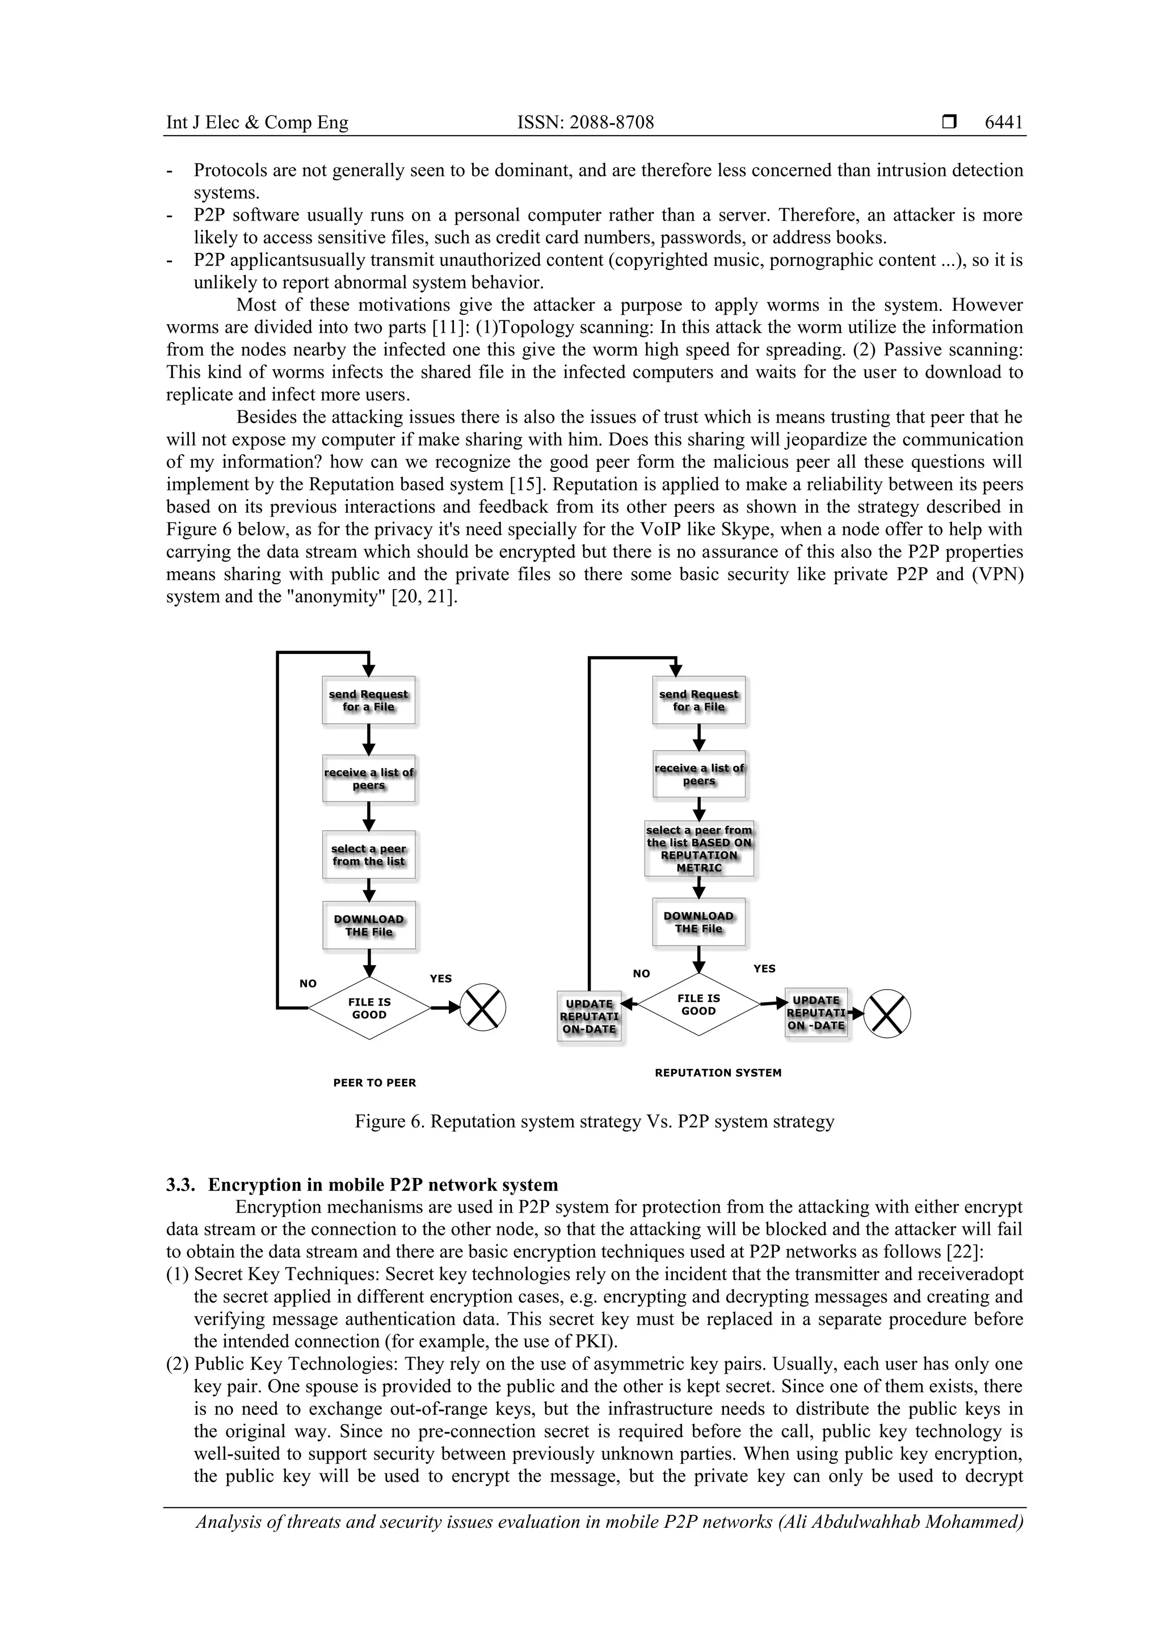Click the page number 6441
[1003, 123]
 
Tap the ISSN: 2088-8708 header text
[585, 123]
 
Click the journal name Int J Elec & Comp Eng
[257, 123]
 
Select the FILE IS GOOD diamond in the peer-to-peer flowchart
[369, 1008]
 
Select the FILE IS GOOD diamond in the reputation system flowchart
[699, 1005]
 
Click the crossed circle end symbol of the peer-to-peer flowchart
[482, 1008]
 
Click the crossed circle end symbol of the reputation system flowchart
[887, 1014]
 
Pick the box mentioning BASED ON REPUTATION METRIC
[699, 848]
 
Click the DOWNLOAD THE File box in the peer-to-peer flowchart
[369, 925]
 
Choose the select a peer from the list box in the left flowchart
[369, 855]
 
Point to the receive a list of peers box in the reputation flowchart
[699, 774]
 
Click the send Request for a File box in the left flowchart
[369, 700]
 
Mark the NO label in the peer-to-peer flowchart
[308, 983]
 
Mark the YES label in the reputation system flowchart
[764, 968]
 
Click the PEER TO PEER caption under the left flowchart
[374, 1083]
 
